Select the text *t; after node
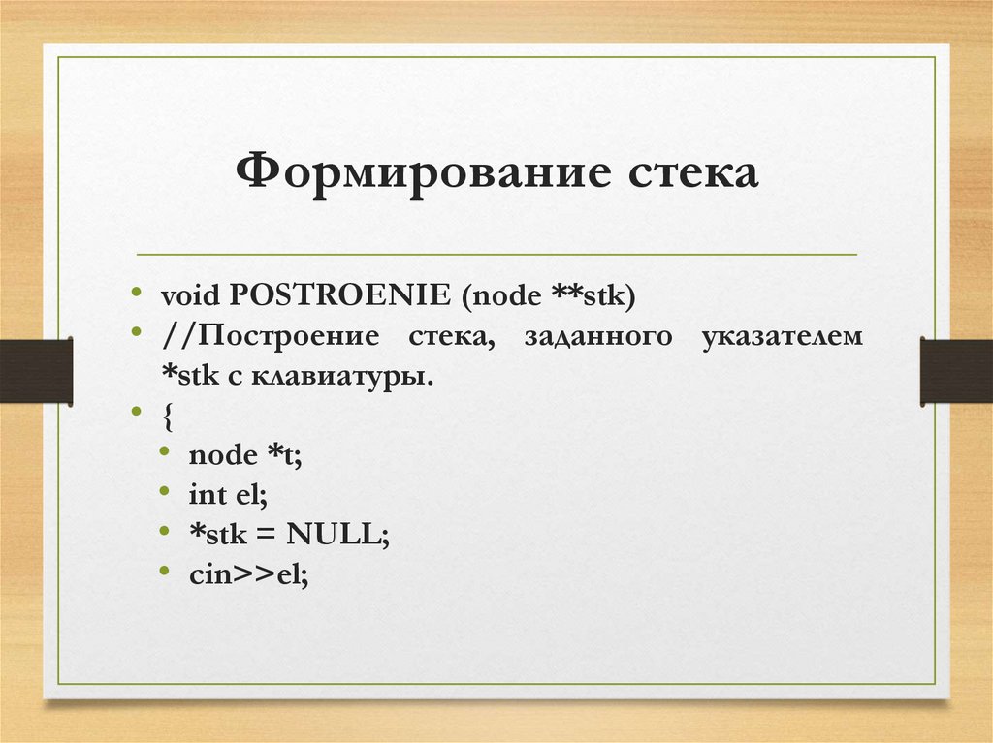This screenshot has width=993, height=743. [x=286, y=454]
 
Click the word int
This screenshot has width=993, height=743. [x=207, y=494]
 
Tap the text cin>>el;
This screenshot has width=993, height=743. [x=248, y=573]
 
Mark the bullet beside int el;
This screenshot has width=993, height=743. [x=169, y=494]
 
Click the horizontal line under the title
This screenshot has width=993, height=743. [x=496, y=255]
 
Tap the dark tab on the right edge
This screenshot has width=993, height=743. [x=956, y=370]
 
